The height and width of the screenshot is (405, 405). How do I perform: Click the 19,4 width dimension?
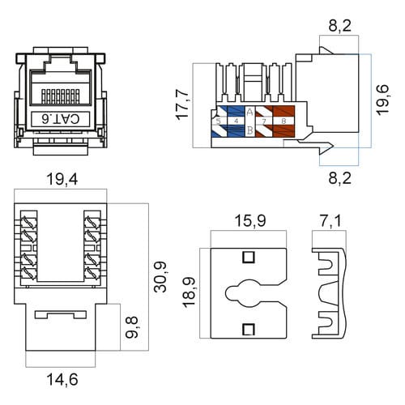click(62, 179)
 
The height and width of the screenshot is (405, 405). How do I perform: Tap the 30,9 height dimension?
click(160, 277)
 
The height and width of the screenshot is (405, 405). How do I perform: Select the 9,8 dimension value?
click(132, 327)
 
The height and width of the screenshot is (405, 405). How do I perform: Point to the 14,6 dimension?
click(62, 379)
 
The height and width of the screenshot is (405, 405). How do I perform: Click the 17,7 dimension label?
click(182, 104)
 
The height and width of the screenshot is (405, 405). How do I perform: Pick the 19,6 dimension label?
click(383, 100)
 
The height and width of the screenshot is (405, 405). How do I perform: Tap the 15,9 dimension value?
click(250, 220)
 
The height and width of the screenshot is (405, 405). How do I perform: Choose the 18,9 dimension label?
click(189, 292)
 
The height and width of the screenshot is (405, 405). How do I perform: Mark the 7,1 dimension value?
click(330, 220)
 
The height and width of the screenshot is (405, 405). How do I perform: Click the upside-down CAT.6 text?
click(61, 119)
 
